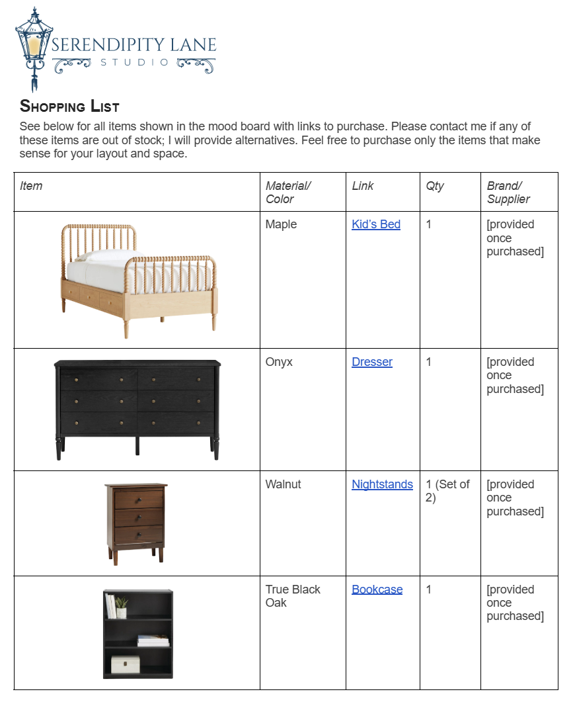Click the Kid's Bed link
point(376,224)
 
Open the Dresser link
point(372,362)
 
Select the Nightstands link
point(382,484)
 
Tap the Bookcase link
point(377,590)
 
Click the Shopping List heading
point(69,106)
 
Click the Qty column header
point(435,186)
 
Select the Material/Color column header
point(288,193)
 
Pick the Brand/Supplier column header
point(508,193)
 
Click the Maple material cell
point(281,224)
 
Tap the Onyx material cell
point(279,362)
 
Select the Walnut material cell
point(283,484)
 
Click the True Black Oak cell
point(293,596)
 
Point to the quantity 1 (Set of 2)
point(447,491)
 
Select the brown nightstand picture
point(136,523)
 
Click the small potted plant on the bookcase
point(122,606)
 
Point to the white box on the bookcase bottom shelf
point(125,664)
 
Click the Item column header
point(31,186)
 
